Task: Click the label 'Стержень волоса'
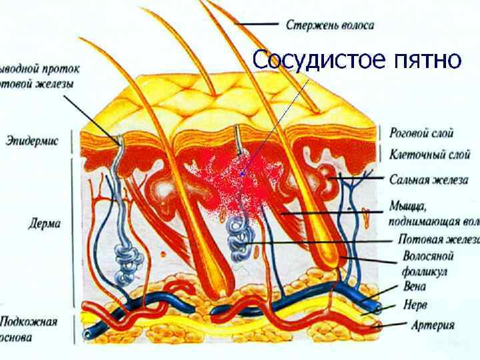[x=330, y=25]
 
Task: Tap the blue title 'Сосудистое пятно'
[x=357, y=59]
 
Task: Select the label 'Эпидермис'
[x=32, y=141]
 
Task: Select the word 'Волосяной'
[x=428, y=256]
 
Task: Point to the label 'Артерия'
[x=433, y=325]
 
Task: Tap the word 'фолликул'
[x=425, y=271]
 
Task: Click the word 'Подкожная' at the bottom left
[x=29, y=322]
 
